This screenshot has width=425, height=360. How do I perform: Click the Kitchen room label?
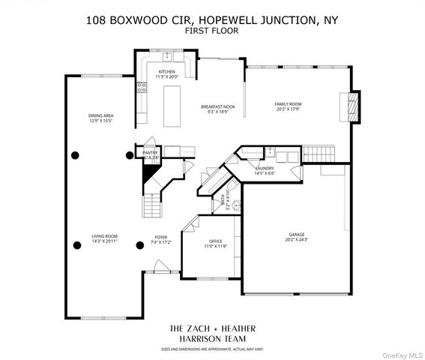[x=166, y=72]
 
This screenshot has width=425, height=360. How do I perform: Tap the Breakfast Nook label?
[x=217, y=107]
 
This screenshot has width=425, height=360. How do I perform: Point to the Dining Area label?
[x=100, y=115]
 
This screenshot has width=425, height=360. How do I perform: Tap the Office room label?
[x=214, y=241]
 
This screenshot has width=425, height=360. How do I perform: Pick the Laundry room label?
[x=264, y=169]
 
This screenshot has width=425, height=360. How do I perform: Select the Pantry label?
[x=150, y=153]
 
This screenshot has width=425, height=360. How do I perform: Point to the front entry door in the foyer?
[x=157, y=265]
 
